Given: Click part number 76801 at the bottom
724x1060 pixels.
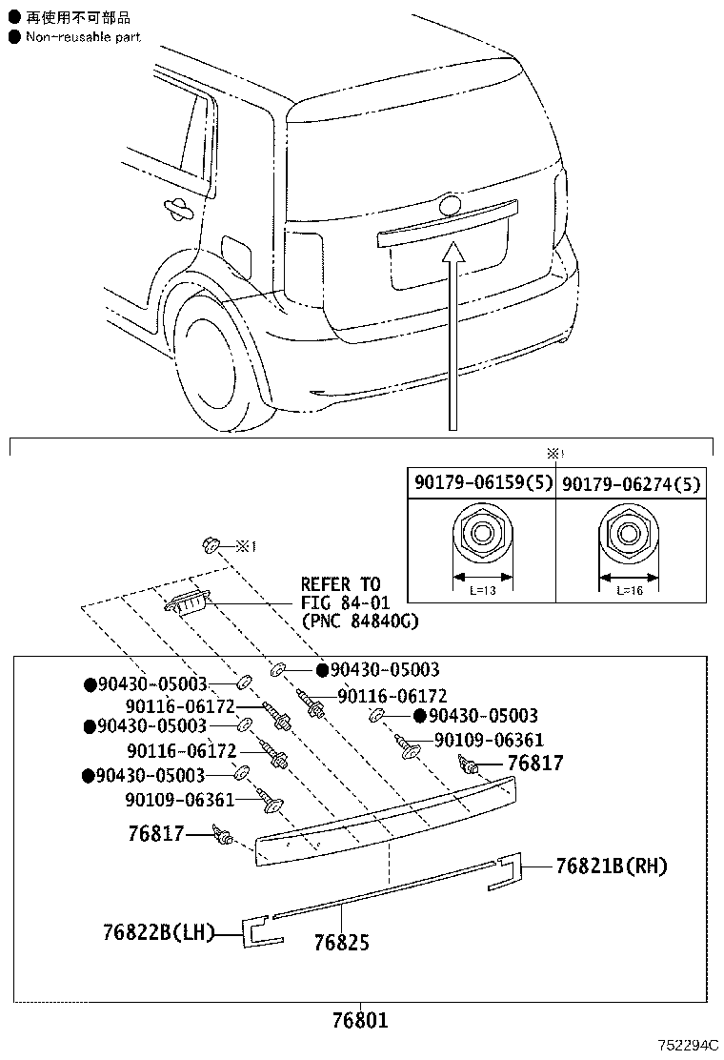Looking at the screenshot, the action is (361, 1020).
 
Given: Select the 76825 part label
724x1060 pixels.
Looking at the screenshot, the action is (342, 943).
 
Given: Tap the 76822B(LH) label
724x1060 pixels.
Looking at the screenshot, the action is (159, 933).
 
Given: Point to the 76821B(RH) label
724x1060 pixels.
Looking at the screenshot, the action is (612, 866).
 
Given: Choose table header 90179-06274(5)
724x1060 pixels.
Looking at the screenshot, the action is (632, 484).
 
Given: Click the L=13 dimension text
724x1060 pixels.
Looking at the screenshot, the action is (482, 590).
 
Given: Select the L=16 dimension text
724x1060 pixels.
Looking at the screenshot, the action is (630, 590).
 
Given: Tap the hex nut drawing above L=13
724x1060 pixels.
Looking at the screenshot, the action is (482, 534).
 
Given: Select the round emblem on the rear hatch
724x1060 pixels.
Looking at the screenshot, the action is (449, 205).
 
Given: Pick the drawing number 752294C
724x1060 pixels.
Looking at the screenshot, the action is (689, 1045).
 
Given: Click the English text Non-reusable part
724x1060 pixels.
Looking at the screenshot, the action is (83, 37).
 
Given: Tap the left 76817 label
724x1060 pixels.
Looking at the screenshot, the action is (156, 833).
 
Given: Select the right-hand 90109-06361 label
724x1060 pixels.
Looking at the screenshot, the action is (489, 740).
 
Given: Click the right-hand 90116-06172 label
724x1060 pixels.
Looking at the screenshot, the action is (392, 696).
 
